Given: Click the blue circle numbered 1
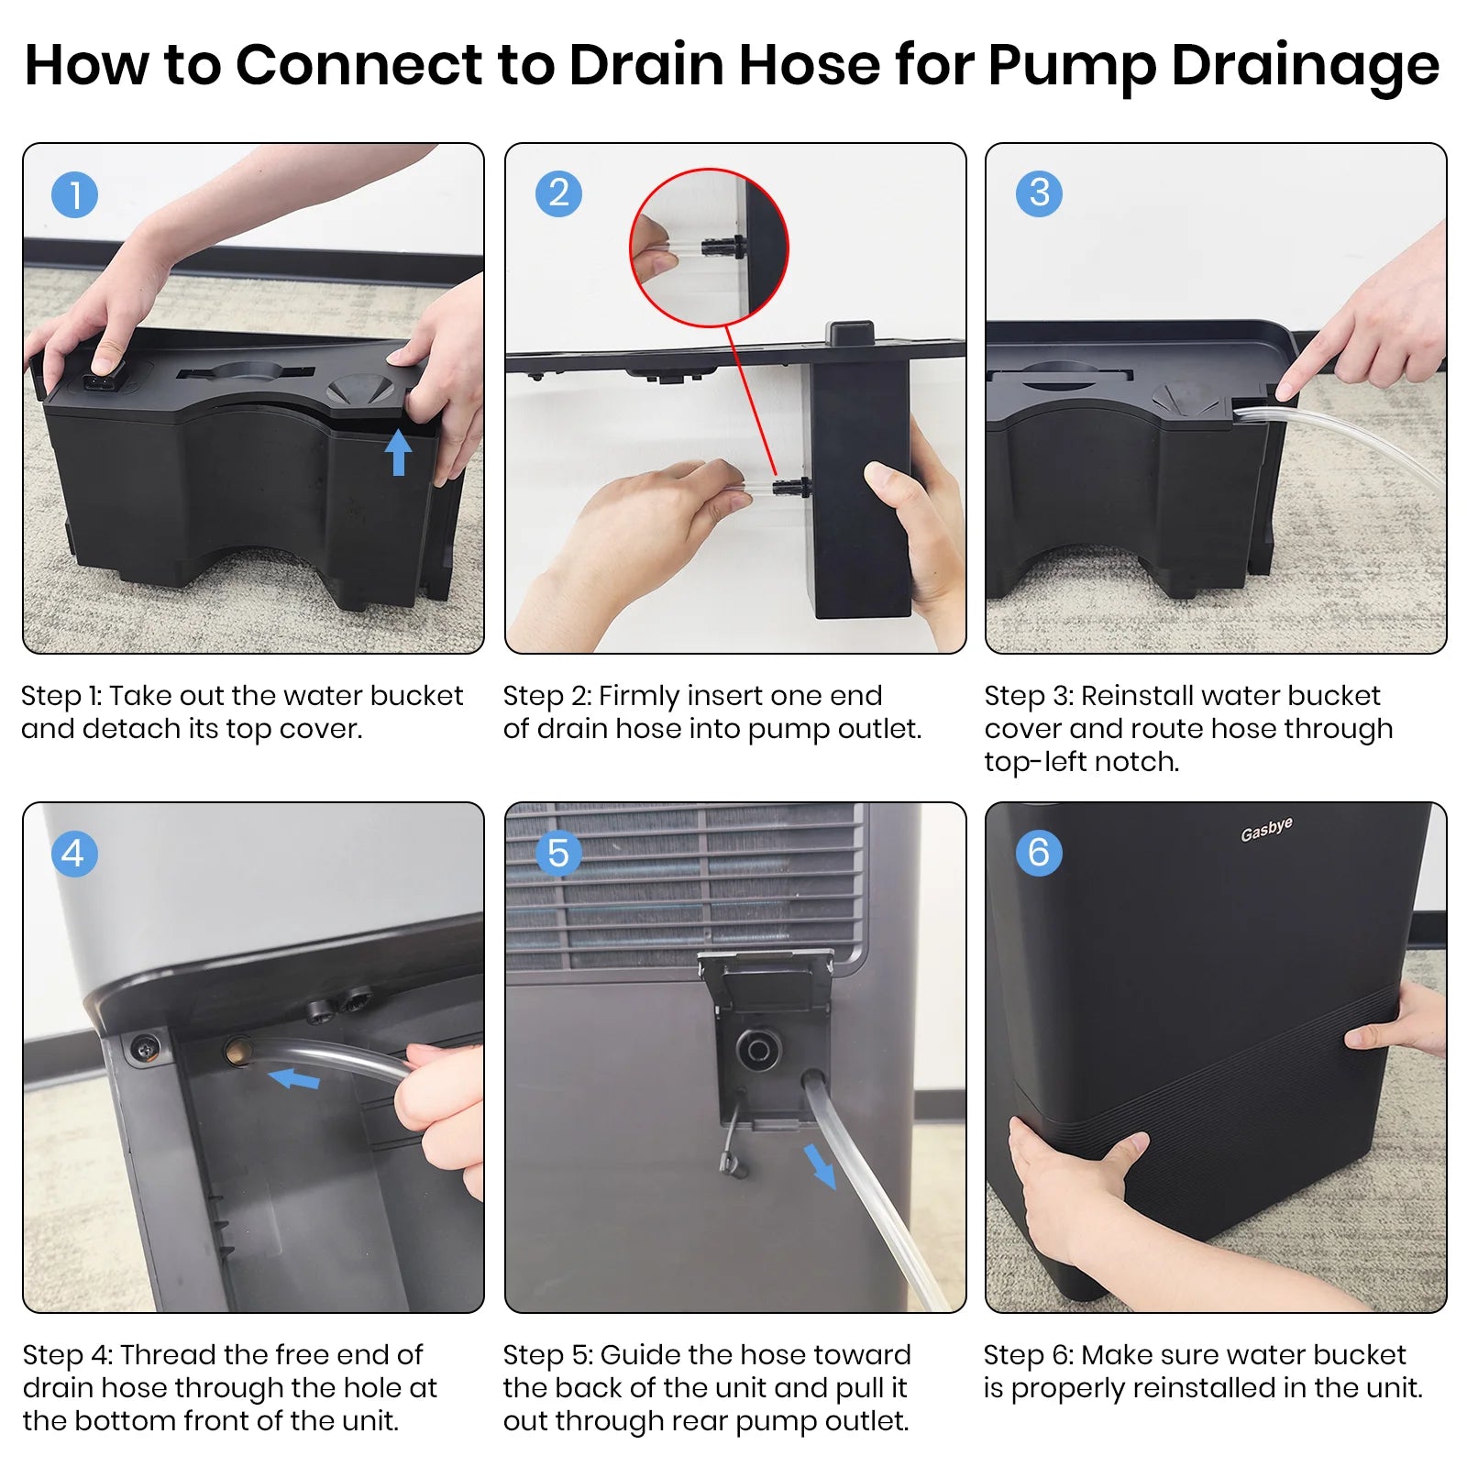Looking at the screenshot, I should [x=74, y=195].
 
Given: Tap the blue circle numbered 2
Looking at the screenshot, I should [x=557, y=193].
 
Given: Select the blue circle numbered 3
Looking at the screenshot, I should [x=1039, y=193].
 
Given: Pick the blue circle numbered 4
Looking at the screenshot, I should [x=74, y=854].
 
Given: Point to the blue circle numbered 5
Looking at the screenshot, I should [x=557, y=854].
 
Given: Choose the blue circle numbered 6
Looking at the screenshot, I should [x=1039, y=854].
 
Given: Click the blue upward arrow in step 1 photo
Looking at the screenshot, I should [x=398, y=453].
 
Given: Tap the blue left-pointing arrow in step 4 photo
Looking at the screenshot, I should [x=294, y=1079].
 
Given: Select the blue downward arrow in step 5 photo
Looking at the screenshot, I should [x=821, y=1165].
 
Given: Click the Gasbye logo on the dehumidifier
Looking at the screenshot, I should [x=1266, y=830].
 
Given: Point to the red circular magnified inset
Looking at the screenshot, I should [x=709, y=248].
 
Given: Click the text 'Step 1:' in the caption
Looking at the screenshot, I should [x=61, y=696].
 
